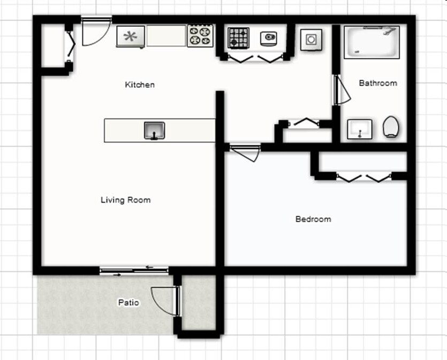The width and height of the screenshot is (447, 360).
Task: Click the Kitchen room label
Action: pyautogui.click(x=140, y=85)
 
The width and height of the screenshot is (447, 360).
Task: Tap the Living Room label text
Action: pyautogui.click(x=126, y=200)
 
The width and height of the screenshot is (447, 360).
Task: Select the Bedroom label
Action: pyautogui.click(x=313, y=219)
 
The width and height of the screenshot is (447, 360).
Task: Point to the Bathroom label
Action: pyautogui.click(x=378, y=83)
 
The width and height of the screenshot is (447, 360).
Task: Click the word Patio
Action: pyautogui.click(x=128, y=303)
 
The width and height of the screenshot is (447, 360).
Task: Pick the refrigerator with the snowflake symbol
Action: pyautogui.click(x=131, y=36)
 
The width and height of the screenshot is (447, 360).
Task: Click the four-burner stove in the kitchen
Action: pyautogui.click(x=200, y=36)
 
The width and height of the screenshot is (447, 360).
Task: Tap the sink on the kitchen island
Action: pyautogui.click(x=154, y=131)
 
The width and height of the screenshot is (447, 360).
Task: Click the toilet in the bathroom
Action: pyautogui.click(x=391, y=127)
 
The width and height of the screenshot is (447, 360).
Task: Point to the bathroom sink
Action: pyautogui.click(x=359, y=129)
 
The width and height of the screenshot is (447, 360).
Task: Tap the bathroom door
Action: pyautogui.click(x=340, y=90)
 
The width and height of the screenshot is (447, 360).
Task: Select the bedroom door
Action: pyautogui.click(x=245, y=152)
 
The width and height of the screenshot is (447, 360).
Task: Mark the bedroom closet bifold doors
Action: pyautogui.click(x=363, y=177)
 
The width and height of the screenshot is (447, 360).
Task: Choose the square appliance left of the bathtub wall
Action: pyautogui.click(x=311, y=39)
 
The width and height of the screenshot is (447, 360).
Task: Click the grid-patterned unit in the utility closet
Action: pyautogui.click(x=238, y=38)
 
